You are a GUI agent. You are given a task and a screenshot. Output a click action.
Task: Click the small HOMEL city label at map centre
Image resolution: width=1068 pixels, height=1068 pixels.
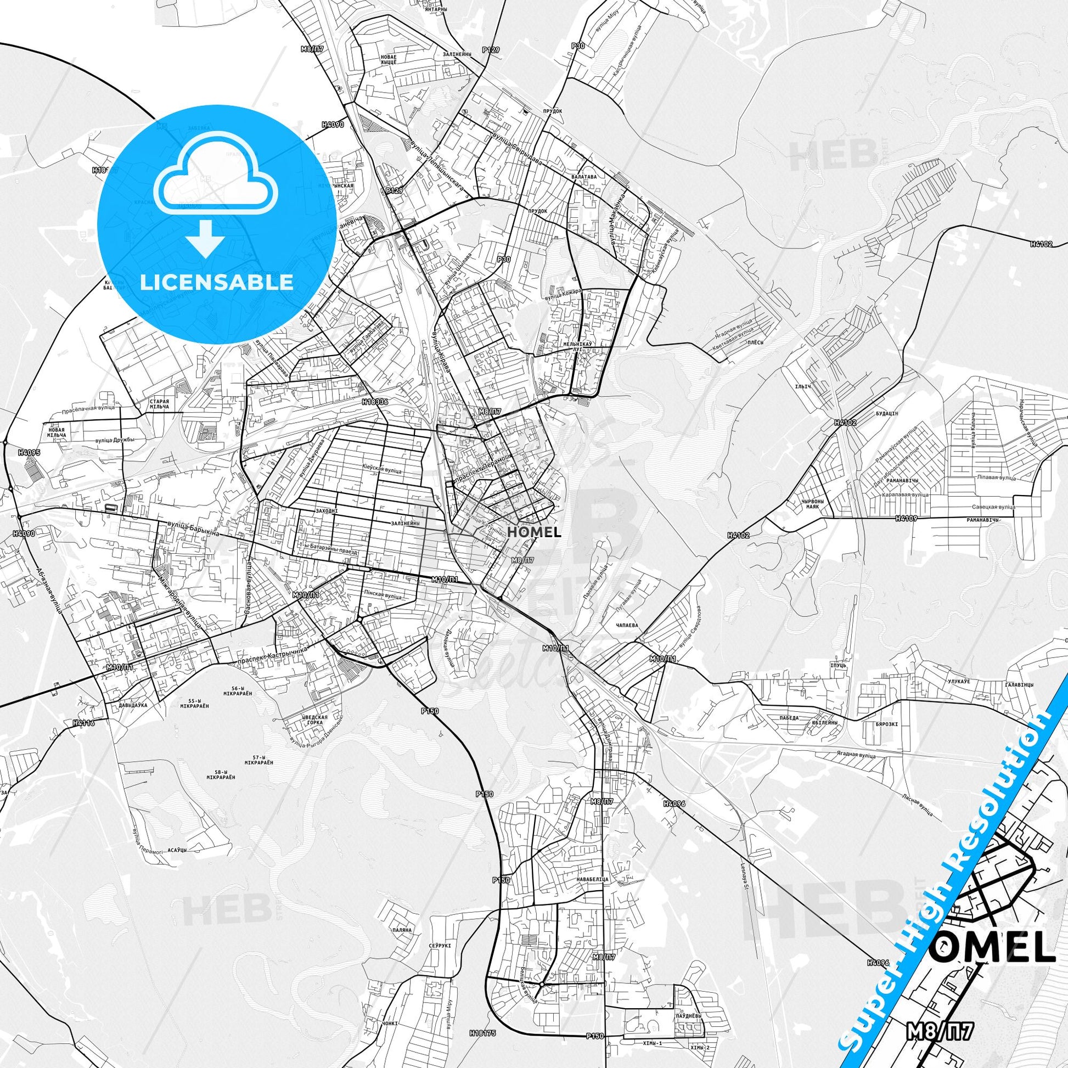(533, 532)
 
